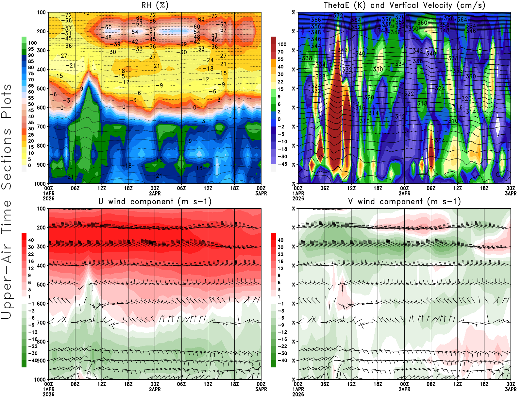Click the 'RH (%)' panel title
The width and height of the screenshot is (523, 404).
pyautogui.click(x=155, y=5)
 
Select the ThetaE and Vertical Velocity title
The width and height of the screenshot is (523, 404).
pyautogui.click(x=404, y=5)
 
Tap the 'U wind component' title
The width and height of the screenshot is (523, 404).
pyautogui.click(x=155, y=201)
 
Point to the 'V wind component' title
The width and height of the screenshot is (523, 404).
pyautogui.click(x=404, y=201)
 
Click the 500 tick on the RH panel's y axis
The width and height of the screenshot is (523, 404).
pyautogui.click(x=41, y=89)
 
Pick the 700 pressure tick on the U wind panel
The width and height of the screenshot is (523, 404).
pyautogui.click(x=41, y=323)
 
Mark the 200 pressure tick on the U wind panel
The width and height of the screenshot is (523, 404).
pyautogui.click(x=41, y=227)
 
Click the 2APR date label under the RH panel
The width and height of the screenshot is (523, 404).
pyautogui.click(x=155, y=193)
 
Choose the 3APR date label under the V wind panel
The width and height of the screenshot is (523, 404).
pyautogui.click(x=511, y=389)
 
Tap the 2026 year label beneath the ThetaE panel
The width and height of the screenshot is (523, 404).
pyautogui.click(x=298, y=198)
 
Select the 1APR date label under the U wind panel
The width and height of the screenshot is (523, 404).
pyautogui.click(x=49, y=389)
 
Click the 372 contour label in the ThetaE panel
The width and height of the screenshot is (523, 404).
pyautogui.click(x=338, y=16)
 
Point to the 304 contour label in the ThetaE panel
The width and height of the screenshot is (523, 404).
pyautogui.click(x=440, y=140)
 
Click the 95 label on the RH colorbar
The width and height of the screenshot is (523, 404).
pyautogui.click(x=31, y=49)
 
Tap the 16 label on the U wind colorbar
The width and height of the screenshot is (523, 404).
pyautogui.click(x=31, y=261)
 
